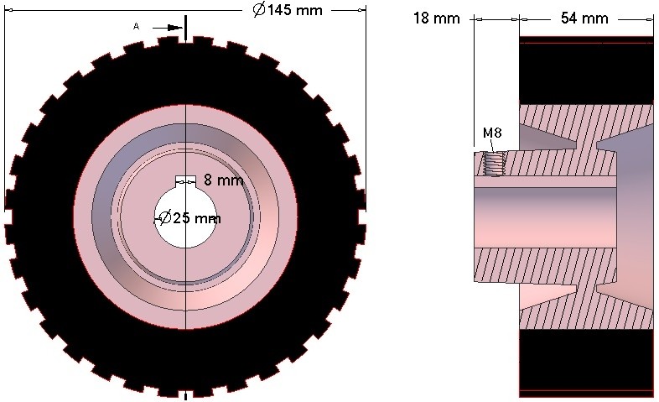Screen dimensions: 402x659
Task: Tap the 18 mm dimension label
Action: (x=436, y=18)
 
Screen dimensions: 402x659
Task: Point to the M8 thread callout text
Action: (x=493, y=133)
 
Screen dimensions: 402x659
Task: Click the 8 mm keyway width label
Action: (x=223, y=180)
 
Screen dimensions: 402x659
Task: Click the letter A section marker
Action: (x=136, y=27)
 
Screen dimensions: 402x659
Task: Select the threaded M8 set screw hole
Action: (x=496, y=162)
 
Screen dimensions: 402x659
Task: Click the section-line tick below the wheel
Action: (x=184, y=395)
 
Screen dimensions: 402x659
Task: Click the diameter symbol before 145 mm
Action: (x=258, y=11)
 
